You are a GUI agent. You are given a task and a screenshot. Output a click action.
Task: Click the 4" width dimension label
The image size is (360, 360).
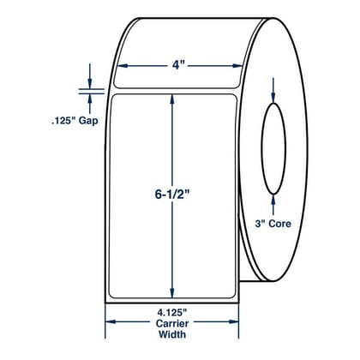click(177, 65)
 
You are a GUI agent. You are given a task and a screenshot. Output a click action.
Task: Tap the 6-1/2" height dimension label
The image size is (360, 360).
click(172, 195)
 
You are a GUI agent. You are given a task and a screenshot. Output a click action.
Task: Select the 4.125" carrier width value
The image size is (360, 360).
click(172, 313)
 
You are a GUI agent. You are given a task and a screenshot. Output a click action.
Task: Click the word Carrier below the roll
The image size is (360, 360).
click(172, 323)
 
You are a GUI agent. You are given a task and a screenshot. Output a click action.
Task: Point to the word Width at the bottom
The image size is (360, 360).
click(172, 334)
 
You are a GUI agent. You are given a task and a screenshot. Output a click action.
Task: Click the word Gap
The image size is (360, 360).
click(88, 121)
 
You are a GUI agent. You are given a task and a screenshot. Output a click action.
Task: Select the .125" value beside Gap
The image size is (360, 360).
click(63, 120)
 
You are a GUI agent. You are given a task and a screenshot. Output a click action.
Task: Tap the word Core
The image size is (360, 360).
click(279, 224)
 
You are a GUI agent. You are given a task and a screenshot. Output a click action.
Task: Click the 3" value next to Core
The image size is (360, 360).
click(261, 224)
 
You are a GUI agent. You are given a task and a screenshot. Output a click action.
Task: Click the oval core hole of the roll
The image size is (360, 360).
click(261, 148)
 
